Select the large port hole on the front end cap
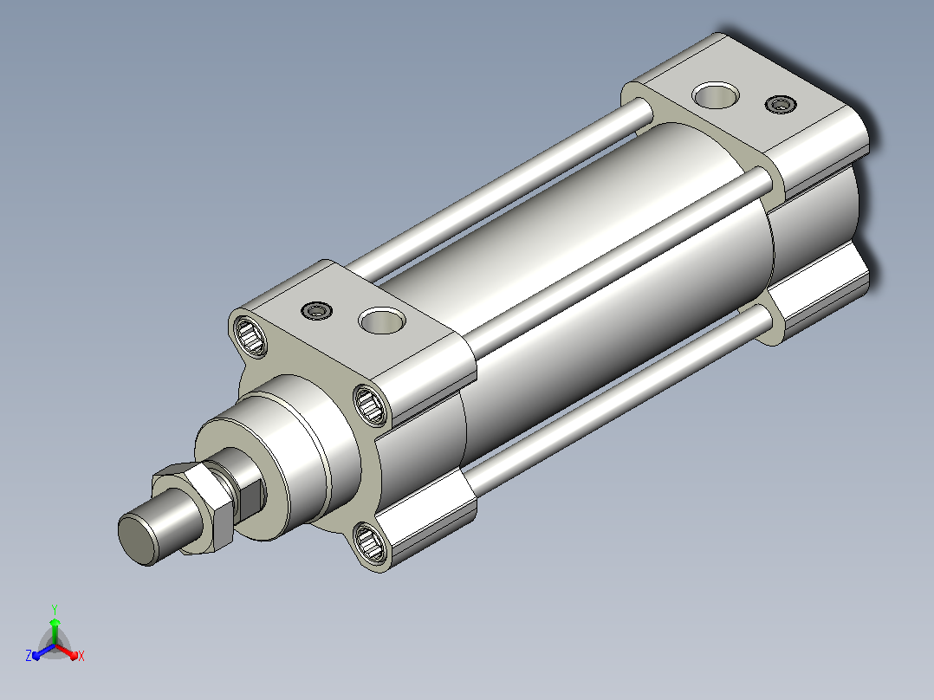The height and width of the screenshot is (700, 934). coord(382,321)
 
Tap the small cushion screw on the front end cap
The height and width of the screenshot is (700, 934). coord(316,310)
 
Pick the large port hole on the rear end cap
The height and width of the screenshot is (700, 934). coord(716,95)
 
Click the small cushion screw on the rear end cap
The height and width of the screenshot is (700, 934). coord(781,105)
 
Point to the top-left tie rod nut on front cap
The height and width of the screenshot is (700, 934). coord(249,336)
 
